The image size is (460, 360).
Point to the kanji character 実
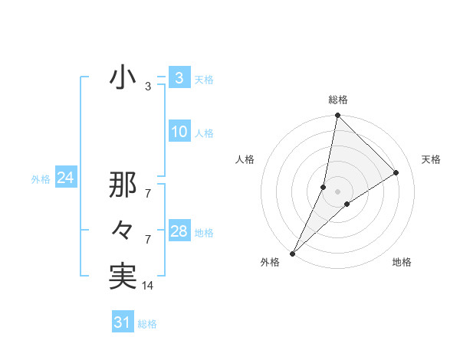[123, 277]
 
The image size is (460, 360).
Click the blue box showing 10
[179, 132]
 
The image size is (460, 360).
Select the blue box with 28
[179, 231]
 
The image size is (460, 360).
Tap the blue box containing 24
[65, 178]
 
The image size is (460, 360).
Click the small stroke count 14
[148, 286]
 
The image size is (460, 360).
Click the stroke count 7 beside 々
[148, 240]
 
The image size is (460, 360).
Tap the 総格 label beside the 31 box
[147, 324]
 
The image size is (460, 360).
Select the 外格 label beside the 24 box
[41, 179]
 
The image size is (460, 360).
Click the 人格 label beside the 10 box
[204, 133]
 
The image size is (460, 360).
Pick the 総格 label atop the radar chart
[338, 100]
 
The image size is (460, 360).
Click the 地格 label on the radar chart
[402, 262]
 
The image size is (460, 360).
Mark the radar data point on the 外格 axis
[293, 254]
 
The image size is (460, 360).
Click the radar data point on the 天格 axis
[396, 173]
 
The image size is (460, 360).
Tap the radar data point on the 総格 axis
[337, 116]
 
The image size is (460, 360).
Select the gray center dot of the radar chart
[337, 191]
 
